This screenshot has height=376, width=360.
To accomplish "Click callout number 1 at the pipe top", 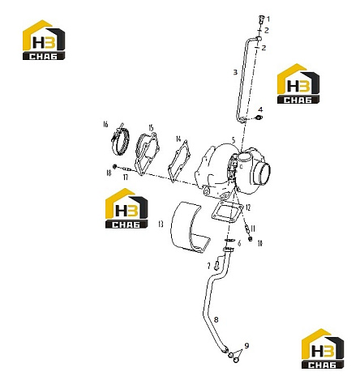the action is pyautogui.click(x=268, y=19).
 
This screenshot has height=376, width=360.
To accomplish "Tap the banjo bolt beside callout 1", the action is pyautogui.click(x=261, y=19).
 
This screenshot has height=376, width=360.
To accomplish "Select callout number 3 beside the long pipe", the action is pyautogui.click(x=235, y=72).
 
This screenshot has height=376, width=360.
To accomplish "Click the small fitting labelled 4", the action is pyautogui.click(x=259, y=117).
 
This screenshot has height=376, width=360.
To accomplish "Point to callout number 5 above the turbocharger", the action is pyautogui.click(x=234, y=140).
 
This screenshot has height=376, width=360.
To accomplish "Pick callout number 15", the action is pyautogui.click(x=151, y=127).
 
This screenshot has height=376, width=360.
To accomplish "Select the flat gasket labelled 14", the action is pyautogui.click(x=179, y=161).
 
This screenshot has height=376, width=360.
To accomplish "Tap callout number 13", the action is pyautogui.click(x=161, y=224).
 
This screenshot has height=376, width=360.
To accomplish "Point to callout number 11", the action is pyautogui.click(x=253, y=229).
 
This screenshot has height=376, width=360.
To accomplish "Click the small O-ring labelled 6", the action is pyautogui.click(x=229, y=241).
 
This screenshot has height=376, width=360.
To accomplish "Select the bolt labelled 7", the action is pyautogui.click(x=216, y=266).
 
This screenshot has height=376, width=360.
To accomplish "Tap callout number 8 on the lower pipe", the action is pyautogui.click(x=216, y=320).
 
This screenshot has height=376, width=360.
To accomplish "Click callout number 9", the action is pyautogui.click(x=246, y=346).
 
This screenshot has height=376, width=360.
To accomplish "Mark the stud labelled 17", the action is pyautogui.click(x=126, y=169).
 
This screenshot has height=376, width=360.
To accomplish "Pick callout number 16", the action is pyautogui.click(x=105, y=124).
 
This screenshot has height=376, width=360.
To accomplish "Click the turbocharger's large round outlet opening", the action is pyautogui.click(x=264, y=174).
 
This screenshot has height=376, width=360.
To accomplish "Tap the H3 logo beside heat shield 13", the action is pyautogui.click(x=126, y=208).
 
